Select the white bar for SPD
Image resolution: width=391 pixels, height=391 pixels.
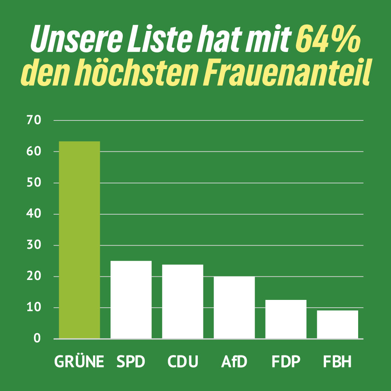(131, 300)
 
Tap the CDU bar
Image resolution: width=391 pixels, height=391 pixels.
(183, 301)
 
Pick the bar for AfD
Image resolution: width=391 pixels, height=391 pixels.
(234, 307)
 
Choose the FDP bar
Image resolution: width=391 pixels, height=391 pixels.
(286, 319)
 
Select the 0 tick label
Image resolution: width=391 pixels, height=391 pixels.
(37, 339)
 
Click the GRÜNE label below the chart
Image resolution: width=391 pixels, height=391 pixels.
(79, 362)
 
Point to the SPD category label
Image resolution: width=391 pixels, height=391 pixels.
(131, 362)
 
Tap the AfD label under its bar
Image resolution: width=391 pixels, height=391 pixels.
(234, 362)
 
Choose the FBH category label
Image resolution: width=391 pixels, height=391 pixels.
(337, 362)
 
